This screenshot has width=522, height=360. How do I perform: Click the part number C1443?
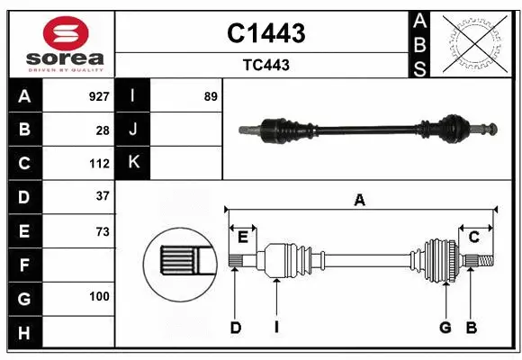(x=265, y=34)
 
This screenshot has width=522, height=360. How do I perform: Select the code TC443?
(x=265, y=65)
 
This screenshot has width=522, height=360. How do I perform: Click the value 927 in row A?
(x=98, y=95)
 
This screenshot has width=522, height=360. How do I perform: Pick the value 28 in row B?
(x=102, y=130)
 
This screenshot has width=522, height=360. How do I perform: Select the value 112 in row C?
(x=99, y=164)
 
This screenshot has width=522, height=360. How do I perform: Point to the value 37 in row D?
(x=102, y=195)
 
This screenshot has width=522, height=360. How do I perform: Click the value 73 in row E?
(x=102, y=231)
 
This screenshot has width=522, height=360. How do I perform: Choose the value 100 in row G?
(x=99, y=296)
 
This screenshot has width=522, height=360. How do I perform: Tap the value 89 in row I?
(x=211, y=95)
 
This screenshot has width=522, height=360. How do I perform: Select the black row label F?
(x=24, y=265)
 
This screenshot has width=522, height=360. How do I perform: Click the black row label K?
(x=134, y=162)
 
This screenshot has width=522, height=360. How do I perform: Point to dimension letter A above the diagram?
(x=360, y=201)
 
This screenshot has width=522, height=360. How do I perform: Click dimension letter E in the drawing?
(x=243, y=237)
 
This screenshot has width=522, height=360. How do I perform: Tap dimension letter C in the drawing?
(x=473, y=237)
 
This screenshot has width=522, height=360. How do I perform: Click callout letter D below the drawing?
(x=235, y=328)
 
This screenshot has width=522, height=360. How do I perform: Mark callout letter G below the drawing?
(x=445, y=328)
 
